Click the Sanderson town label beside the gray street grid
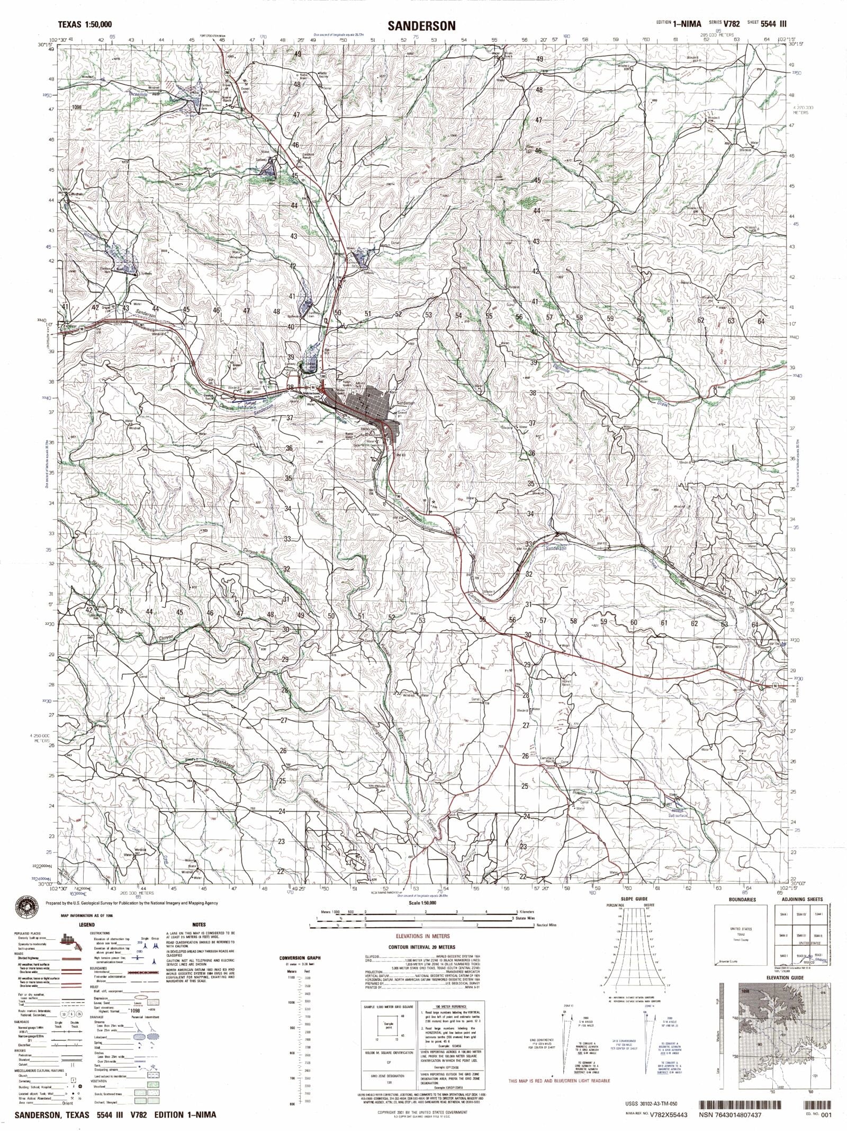(x=404, y=403)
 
